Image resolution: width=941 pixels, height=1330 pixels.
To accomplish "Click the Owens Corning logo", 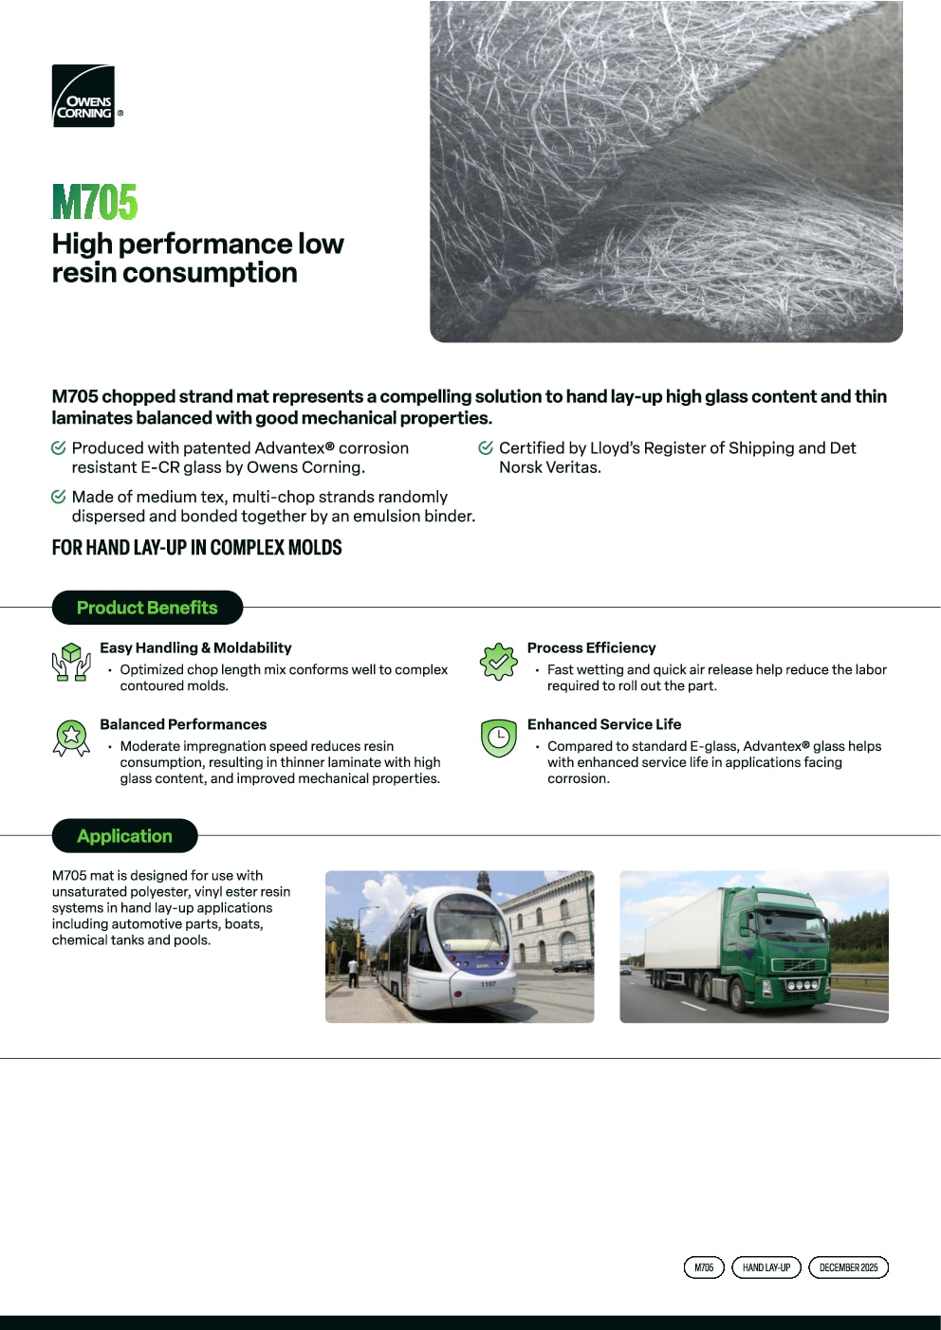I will tap(83, 96).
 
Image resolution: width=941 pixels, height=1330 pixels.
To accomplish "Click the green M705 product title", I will tap(95, 202).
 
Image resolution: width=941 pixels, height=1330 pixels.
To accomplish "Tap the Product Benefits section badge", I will tap(147, 608).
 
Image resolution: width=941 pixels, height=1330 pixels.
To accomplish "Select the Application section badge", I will tap(124, 836).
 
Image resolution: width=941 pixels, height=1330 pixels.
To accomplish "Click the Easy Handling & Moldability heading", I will tap(195, 647).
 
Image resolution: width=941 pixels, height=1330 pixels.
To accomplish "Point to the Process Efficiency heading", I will tap(591, 647).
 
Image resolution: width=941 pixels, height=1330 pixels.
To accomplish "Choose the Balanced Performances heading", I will tap(183, 724).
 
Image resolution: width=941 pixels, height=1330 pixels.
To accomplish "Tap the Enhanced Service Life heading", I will tap(604, 724).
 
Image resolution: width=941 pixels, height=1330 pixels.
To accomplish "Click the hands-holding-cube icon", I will tap(71, 662).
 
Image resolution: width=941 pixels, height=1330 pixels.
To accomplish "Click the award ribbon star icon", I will tap(71, 738).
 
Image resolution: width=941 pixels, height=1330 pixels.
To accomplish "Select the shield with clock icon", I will tap(498, 738).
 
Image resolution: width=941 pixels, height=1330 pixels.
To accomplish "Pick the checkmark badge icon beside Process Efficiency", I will tap(498, 662).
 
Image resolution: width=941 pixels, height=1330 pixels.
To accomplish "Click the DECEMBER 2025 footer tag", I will tap(848, 1267).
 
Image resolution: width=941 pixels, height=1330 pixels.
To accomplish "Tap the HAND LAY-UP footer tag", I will tap(766, 1267).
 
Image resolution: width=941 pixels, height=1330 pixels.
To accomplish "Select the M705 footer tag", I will tap(704, 1267).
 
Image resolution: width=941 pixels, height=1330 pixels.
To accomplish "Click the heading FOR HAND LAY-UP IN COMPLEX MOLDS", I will tap(196, 548).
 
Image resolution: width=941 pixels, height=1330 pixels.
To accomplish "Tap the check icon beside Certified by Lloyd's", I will tap(486, 447).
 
